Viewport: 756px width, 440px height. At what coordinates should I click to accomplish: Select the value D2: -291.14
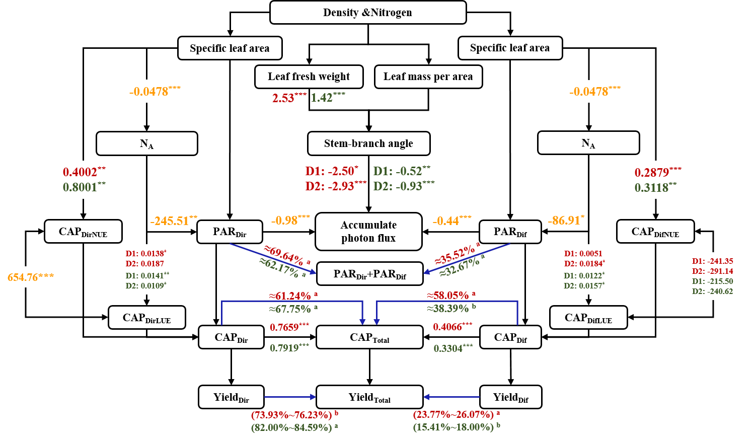712,271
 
